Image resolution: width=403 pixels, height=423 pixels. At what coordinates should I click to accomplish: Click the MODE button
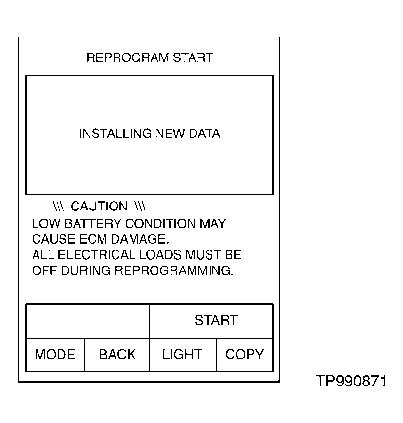55,354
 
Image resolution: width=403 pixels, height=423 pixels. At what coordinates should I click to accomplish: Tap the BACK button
117,354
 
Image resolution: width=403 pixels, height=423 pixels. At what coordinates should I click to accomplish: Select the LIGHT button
182,354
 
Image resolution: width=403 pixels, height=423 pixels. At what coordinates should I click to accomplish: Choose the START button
216,321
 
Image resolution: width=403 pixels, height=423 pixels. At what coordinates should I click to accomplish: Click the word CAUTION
99,206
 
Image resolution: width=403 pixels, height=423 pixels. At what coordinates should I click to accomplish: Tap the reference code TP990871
351,381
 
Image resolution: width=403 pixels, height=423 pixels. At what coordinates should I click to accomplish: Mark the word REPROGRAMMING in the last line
174,271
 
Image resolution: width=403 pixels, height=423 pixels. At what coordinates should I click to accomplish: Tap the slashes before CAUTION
58,206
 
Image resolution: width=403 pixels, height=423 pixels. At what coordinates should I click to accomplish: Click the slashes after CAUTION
140,206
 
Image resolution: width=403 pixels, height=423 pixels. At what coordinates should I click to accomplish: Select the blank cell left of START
88,321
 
